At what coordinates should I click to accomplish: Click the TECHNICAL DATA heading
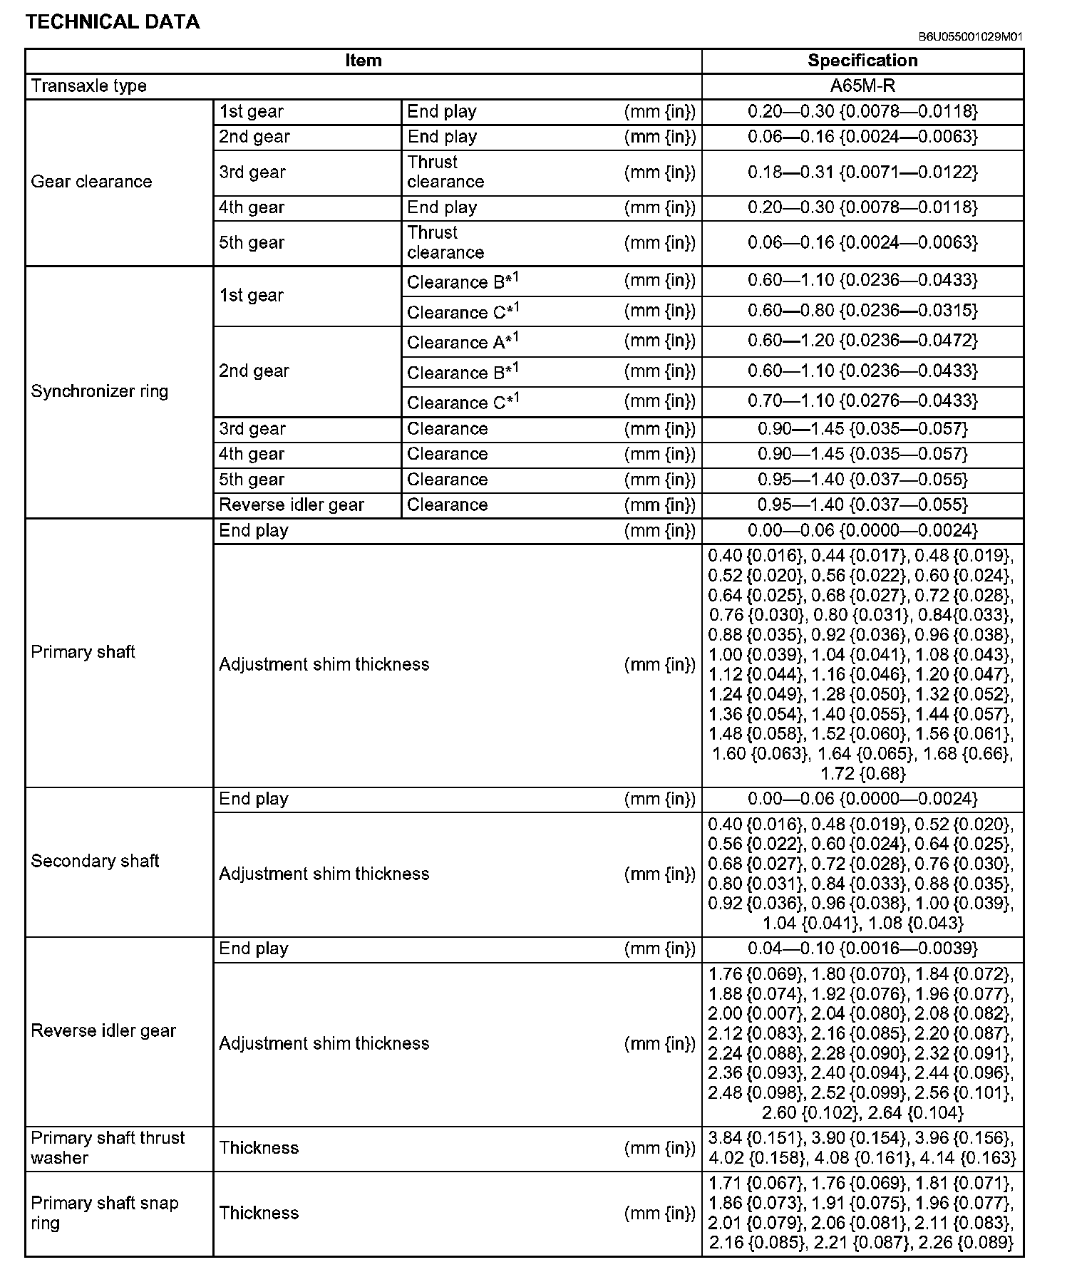[113, 22]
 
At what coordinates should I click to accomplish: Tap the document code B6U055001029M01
[970, 37]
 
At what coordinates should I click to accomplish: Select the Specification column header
[862, 61]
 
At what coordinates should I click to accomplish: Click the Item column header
[364, 61]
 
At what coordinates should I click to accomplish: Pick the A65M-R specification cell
[862, 86]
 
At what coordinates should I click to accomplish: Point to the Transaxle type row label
[89, 86]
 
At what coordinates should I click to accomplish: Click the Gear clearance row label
[91, 182]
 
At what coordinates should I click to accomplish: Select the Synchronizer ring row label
[100, 391]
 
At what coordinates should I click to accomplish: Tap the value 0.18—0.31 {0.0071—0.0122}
[862, 172]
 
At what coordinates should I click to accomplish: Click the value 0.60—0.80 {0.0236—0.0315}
[862, 311]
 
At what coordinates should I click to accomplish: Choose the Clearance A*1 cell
[463, 342]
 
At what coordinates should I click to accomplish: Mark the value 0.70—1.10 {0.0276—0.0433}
[862, 401]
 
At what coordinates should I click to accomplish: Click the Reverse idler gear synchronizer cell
[292, 505]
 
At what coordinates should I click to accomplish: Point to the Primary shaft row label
[83, 652]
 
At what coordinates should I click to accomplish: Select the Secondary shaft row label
[95, 861]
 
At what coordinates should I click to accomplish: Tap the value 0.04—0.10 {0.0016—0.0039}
[862, 948]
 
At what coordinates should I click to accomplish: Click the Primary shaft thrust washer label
[108, 1147]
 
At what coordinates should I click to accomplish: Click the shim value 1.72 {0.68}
[862, 773]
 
